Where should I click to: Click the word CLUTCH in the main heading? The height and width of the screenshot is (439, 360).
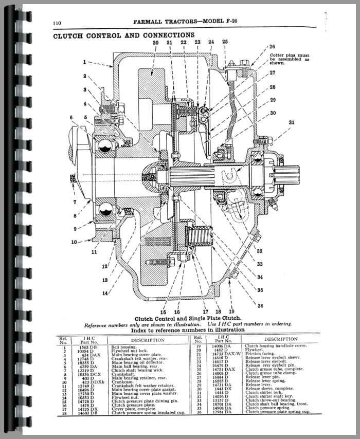pos(70,35)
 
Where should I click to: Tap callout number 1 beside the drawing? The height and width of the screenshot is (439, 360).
pos(84,62)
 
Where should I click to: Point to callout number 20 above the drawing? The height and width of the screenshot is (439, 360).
pos(155,42)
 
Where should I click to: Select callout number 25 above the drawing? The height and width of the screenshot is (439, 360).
pos(225,42)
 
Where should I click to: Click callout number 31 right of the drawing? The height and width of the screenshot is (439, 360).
pos(292,122)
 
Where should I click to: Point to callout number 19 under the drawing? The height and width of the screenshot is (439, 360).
pos(231,312)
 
